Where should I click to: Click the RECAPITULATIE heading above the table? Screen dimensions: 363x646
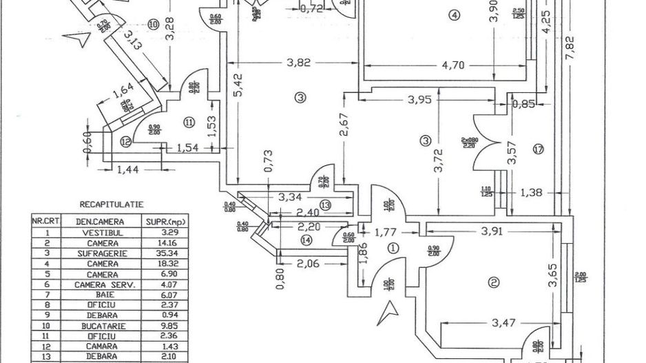coord(111,205)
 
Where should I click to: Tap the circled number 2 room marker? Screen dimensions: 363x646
coord(493,281)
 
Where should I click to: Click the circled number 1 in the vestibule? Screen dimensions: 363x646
coord(393,248)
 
